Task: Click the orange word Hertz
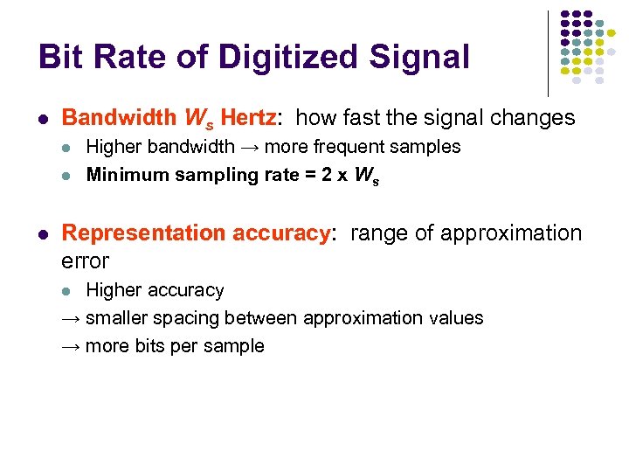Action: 248,118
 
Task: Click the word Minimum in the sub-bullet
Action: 122,175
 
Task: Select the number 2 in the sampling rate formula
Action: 326,175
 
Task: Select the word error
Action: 86,260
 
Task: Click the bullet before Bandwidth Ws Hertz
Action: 44,119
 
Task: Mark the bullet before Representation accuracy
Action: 44,234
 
